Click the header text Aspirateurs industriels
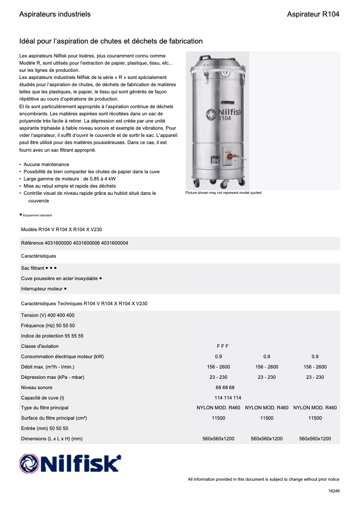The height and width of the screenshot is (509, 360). pos(55,14)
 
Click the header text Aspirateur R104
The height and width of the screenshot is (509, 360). pos(313,14)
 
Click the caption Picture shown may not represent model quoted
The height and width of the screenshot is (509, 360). pos(223,193)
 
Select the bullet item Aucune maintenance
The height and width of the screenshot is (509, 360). pos(46,165)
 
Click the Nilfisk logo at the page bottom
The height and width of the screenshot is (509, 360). pos(70,463)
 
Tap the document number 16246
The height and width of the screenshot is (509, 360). pos(334,491)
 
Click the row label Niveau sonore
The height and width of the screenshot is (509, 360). pos(36,387)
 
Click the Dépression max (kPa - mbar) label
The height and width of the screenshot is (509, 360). pos(53,377)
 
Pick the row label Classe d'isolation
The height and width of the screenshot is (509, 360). pos(40,346)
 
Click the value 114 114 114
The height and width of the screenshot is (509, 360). pos(228,398)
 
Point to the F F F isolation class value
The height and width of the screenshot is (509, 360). pos(223,346)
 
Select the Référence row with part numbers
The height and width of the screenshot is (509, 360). pos(75,243)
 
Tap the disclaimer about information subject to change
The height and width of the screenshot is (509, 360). pos(263,479)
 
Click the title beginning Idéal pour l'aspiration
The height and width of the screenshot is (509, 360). pos(111,41)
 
